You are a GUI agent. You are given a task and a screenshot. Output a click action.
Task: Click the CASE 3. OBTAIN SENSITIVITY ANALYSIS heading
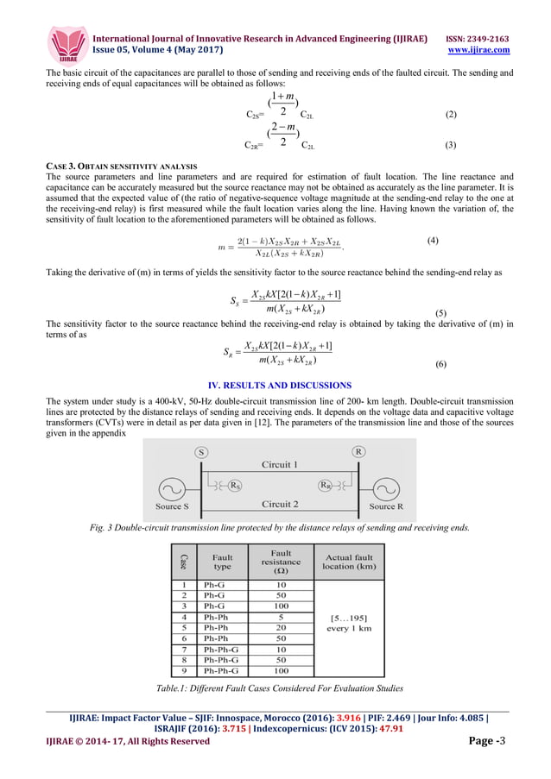point(121,165)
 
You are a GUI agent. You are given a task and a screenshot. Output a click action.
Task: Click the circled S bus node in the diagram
point(200,451)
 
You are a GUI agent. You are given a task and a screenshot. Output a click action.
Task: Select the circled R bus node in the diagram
point(358,451)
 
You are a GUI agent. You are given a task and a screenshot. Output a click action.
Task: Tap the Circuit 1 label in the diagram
point(279,465)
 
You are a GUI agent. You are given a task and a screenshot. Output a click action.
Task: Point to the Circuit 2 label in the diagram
point(279,504)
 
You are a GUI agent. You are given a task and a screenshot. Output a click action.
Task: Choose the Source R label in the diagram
point(386,506)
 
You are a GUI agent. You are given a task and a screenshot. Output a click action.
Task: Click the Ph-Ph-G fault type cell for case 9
point(222,670)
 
